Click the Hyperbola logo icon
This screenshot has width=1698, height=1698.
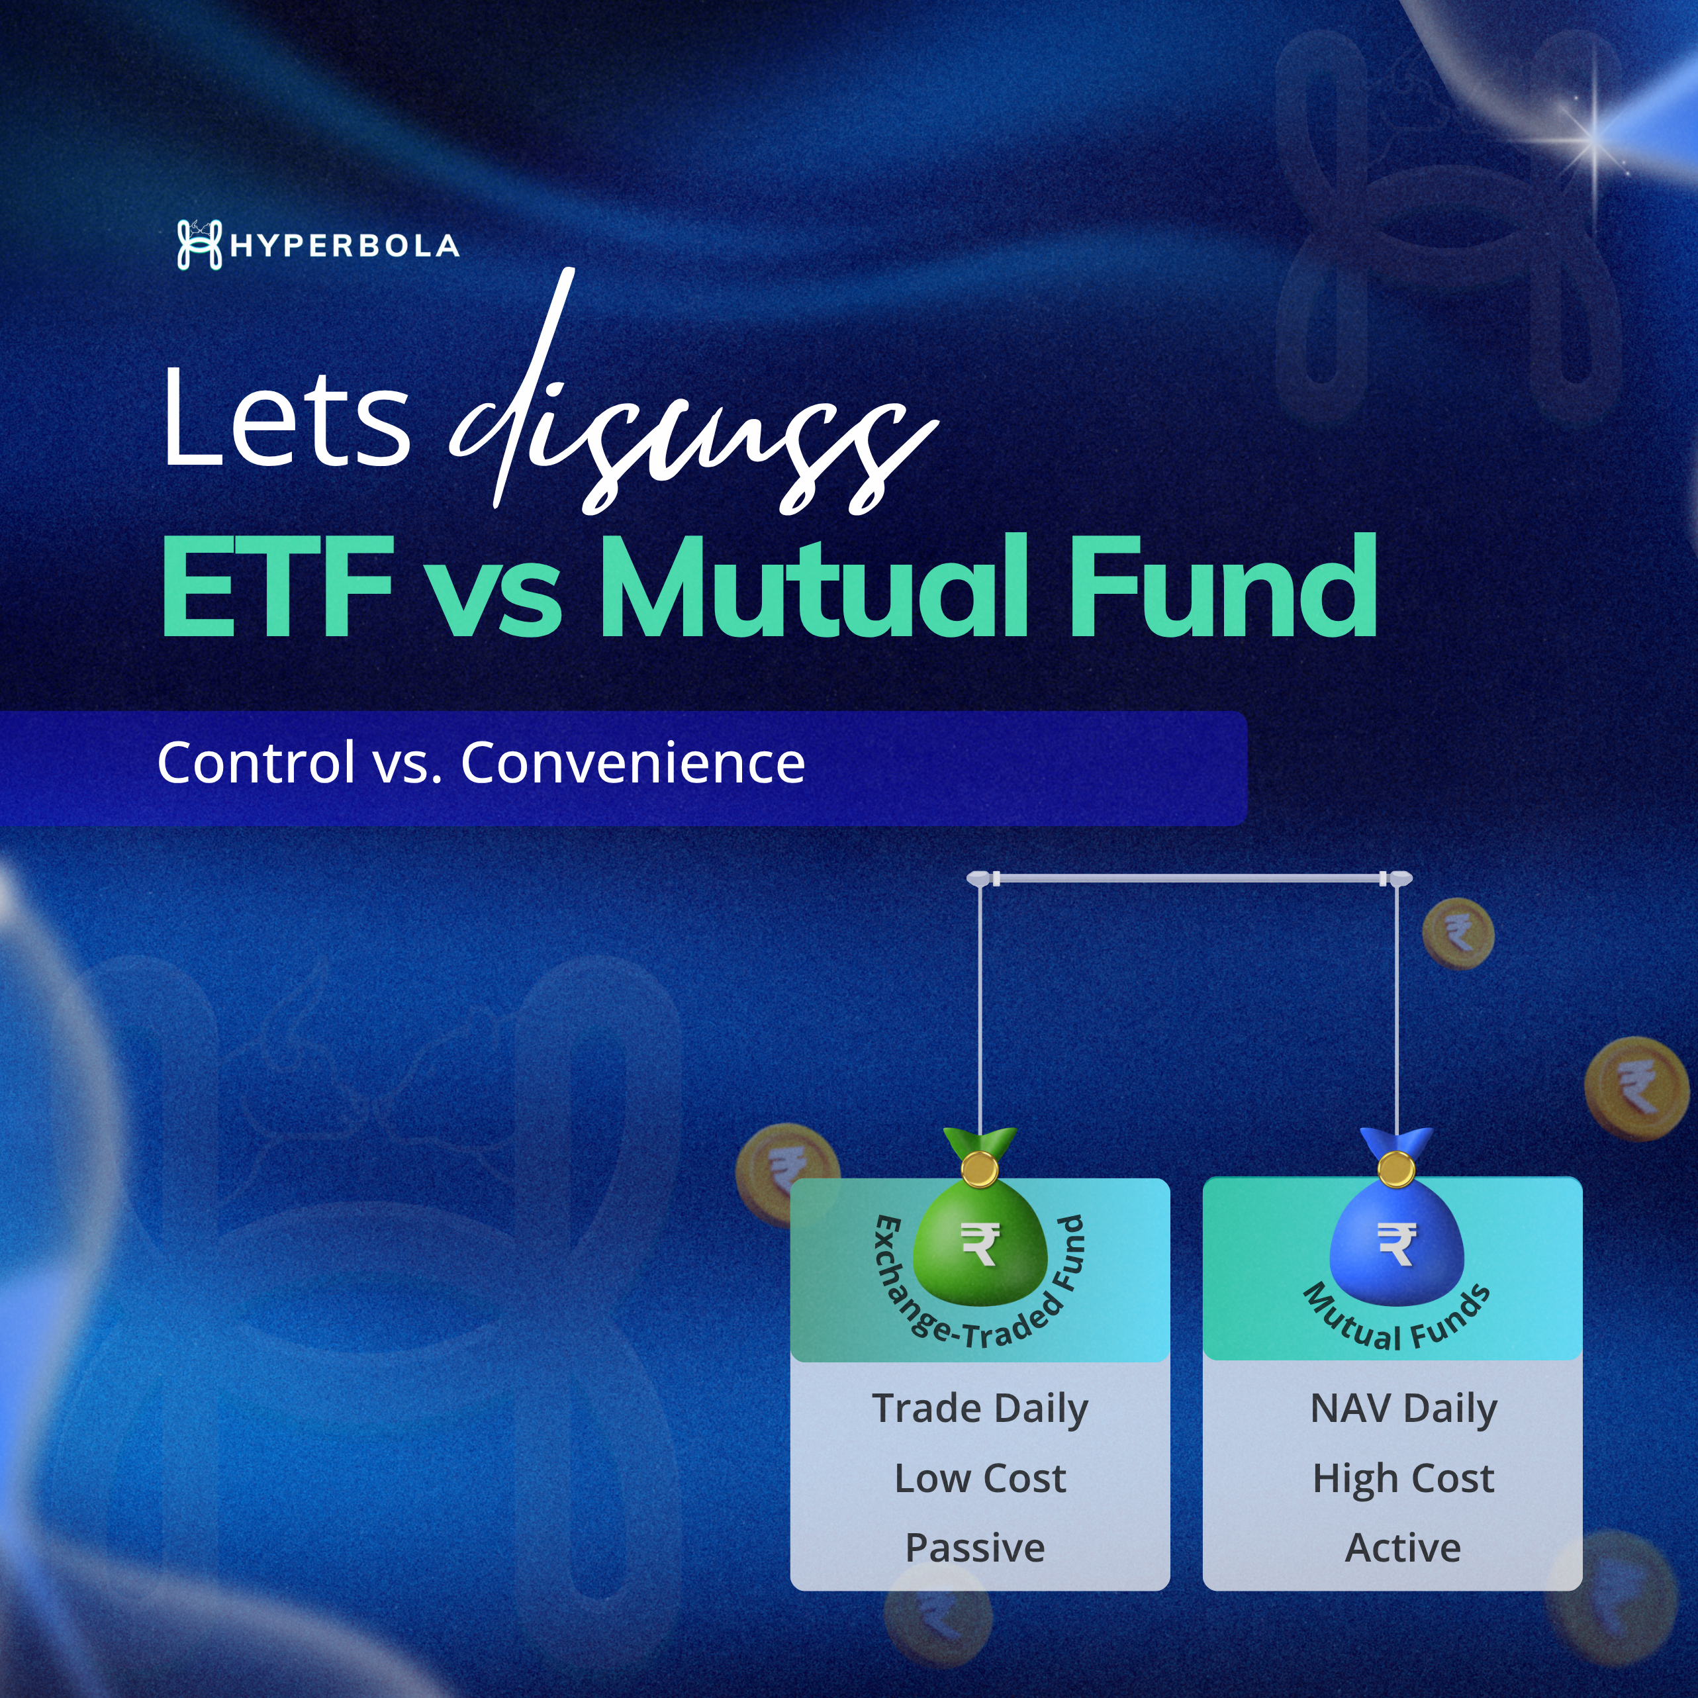tap(199, 244)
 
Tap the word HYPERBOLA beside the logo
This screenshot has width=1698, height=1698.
tap(344, 246)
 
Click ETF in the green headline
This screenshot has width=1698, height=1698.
tap(277, 587)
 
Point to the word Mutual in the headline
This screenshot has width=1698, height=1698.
tap(813, 587)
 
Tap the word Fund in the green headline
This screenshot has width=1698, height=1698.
tap(1221, 587)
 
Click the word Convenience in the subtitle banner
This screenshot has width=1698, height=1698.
tap(633, 762)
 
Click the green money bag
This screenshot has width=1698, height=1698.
tap(980, 1235)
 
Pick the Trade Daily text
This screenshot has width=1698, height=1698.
tap(980, 1409)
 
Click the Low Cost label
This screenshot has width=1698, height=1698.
tap(980, 1479)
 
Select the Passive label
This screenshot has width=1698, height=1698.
tap(976, 1548)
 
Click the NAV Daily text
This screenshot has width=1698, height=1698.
tap(1403, 1409)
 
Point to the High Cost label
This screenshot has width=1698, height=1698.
tap(1403, 1479)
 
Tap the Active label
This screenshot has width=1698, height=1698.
tap(1403, 1548)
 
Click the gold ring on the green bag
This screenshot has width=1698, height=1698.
tap(978, 1170)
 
